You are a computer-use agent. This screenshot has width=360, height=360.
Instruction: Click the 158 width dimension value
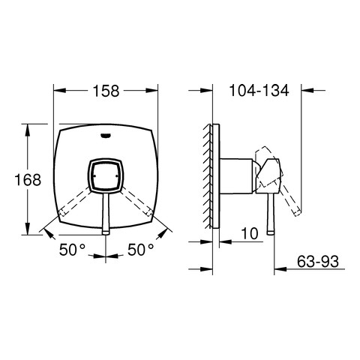[x=106, y=91]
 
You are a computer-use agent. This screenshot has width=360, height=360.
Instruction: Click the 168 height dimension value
[x=28, y=180]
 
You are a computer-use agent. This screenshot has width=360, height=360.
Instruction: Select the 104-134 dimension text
[x=259, y=90]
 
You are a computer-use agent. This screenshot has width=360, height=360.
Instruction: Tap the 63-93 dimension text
[x=318, y=261]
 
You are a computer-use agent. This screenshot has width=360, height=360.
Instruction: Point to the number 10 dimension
[x=249, y=233]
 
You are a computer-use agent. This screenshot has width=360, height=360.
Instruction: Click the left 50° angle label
[x=72, y=250]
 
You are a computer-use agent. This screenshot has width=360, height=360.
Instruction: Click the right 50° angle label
[x=141, y=250]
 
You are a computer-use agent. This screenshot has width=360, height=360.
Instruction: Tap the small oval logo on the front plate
[x=106, y=136]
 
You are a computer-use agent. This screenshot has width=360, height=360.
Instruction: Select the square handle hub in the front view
[x=105, y=175]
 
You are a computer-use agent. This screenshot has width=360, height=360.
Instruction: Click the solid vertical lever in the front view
[x=106, y=214]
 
